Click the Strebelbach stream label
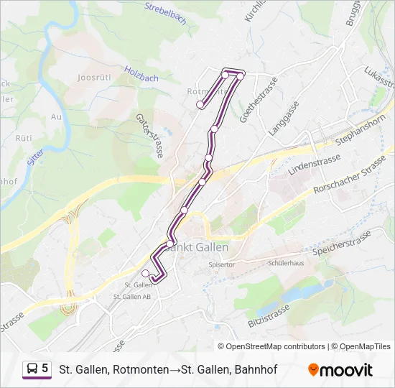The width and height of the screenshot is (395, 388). [x=165, y=15]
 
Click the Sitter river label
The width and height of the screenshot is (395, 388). [x=36, y=155]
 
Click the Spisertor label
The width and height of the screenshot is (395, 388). [x=221, y=264]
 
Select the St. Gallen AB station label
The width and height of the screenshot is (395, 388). [x=132, y=296]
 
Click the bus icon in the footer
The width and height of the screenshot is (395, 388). [x=32, y=369]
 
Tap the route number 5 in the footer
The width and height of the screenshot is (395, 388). [x=45, y=369]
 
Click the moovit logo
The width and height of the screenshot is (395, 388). [x=340, y=370]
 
